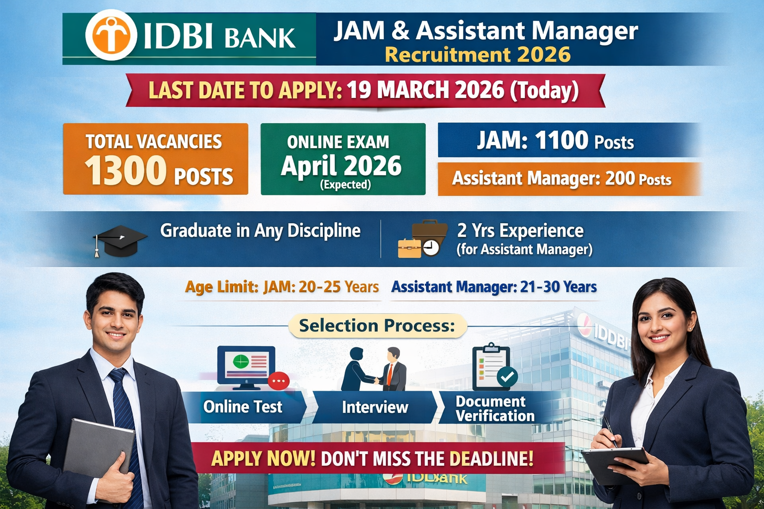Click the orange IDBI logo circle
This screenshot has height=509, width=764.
111,35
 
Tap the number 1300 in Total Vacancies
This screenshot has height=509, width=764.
125,170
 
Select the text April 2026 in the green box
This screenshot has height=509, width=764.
341,166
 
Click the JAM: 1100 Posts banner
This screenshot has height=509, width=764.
555,141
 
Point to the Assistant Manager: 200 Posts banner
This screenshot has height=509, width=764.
562,178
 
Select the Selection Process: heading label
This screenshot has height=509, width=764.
377,326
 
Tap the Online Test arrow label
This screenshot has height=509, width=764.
243,407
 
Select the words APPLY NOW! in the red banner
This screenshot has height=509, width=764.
263,458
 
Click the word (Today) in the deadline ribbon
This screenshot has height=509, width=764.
545,90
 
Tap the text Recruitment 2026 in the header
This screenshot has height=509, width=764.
477,55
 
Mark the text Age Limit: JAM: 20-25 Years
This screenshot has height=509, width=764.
282,287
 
